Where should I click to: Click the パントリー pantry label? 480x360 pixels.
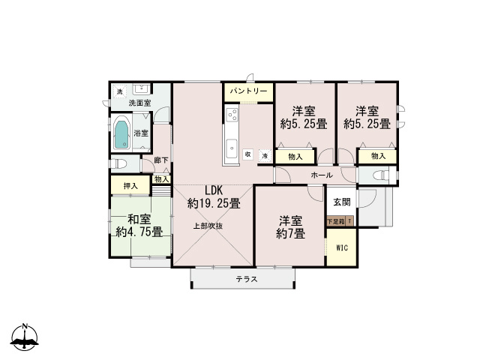[x=248, y=91]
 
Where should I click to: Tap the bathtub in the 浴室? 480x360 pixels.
[x=121, y=135]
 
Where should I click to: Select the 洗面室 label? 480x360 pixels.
[x=140, y=103]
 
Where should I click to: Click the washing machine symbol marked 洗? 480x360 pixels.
[x=120, y=91]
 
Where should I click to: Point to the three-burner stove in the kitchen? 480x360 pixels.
[x=232, y=115]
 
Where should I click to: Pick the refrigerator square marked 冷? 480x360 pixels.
[x=265, y=156]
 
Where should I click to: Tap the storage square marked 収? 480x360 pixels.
[x=248, y=154]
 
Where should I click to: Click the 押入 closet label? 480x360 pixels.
[x=130, y=186]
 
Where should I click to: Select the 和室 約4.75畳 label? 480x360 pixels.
[x=139, y=226]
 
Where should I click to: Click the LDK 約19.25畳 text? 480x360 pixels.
[x=214, y=196]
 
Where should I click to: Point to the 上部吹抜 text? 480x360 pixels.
[x=208, y=226]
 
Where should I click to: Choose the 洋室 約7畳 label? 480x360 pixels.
[x=290, y=226]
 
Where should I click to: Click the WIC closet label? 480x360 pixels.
[x=342, y=247]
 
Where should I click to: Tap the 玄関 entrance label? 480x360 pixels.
[x=342, y=202]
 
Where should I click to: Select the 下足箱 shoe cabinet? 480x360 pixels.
[x=336, y=221]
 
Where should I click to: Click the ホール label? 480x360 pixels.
[x=322, y=175]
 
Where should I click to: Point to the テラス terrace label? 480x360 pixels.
[x=247, y=279]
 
